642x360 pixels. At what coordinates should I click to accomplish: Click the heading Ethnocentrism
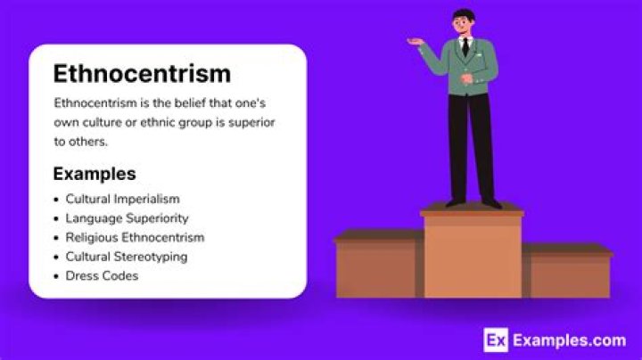click(x=142, y=73)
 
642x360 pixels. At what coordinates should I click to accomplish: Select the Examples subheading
click(x=95, y=173)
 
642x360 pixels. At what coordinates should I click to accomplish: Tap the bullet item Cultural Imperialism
click(x=122, y=199)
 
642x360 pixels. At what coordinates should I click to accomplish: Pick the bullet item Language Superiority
click(x=127, y=218)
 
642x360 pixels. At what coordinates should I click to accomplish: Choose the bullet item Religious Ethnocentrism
click(x=135, y=238)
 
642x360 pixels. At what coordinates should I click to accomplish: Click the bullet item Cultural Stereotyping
click(x=127, y=257)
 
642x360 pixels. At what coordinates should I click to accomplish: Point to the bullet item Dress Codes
click(x=102, y=276)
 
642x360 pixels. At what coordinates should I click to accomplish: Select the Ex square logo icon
click(x=496, y=340)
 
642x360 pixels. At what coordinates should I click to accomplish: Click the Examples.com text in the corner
click(x=569, y=340)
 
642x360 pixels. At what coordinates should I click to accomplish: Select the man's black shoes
click(x=473, y=202)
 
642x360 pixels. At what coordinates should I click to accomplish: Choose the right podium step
click(x=568, y=272)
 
